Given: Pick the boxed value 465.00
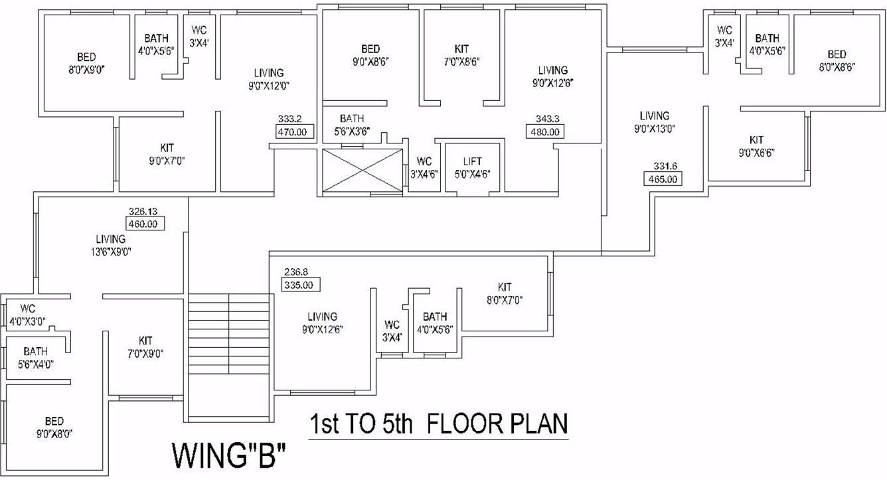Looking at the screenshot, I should click(663, 179).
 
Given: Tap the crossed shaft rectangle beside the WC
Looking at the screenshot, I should click(363, 171).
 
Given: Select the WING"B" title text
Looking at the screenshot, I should click(229, 457).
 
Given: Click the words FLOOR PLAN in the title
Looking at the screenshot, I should click(497, 423).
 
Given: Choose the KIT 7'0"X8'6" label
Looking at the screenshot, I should click(461, 55).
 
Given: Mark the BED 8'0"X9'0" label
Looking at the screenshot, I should click(86, 62).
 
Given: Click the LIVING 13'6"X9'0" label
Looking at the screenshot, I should click(110, 245).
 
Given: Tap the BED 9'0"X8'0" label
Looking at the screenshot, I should click(54, 427).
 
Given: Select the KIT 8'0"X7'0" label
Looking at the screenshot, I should click(505, 293).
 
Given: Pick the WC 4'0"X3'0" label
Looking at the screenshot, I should click(27, 315).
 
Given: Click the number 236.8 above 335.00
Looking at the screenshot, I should click(297, 272).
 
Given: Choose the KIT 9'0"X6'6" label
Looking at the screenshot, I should click(756, 146).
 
